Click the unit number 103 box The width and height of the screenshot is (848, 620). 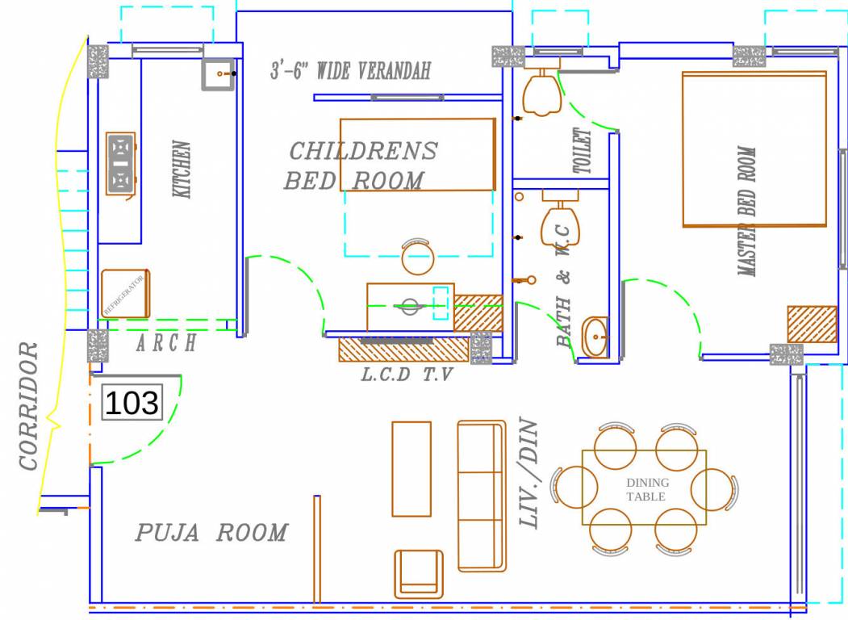tap(132, 402)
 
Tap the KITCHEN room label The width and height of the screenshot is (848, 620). tap(182, 170)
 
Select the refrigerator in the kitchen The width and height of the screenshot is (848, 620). tap(126, 293)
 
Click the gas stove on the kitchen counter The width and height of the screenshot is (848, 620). tap(120, 164)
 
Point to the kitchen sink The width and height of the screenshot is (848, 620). tap(218, 74)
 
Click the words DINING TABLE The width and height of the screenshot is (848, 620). tap(647, 489)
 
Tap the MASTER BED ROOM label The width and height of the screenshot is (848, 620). tap(748, 212)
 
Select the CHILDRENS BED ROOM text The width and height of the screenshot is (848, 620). tap(361, 165)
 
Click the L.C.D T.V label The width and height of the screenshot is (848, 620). tap(407, 375)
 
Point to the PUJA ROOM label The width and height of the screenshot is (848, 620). tap(211, 533)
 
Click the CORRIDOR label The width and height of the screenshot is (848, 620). tap(29, 406)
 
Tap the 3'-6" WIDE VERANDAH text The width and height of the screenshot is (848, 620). tap(350, 70)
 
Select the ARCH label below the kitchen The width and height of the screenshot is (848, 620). tap(165, 343)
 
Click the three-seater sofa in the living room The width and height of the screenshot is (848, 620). tap(481, 495)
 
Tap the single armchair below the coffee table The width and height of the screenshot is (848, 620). tap(419, 573)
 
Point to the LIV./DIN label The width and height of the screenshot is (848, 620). tap(528, 473)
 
